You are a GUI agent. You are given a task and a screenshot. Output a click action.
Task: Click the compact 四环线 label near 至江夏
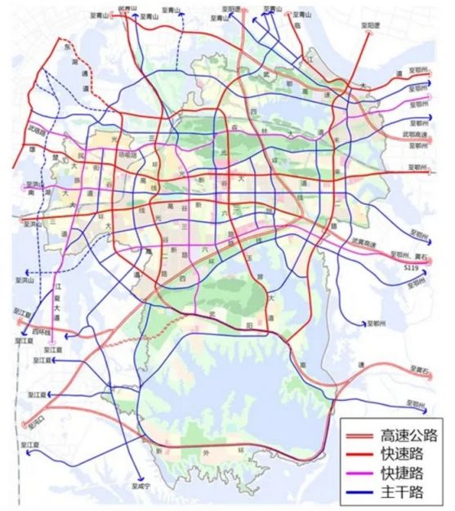point(41,332)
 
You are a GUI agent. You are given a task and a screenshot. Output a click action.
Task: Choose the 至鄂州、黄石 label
point(408,255)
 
